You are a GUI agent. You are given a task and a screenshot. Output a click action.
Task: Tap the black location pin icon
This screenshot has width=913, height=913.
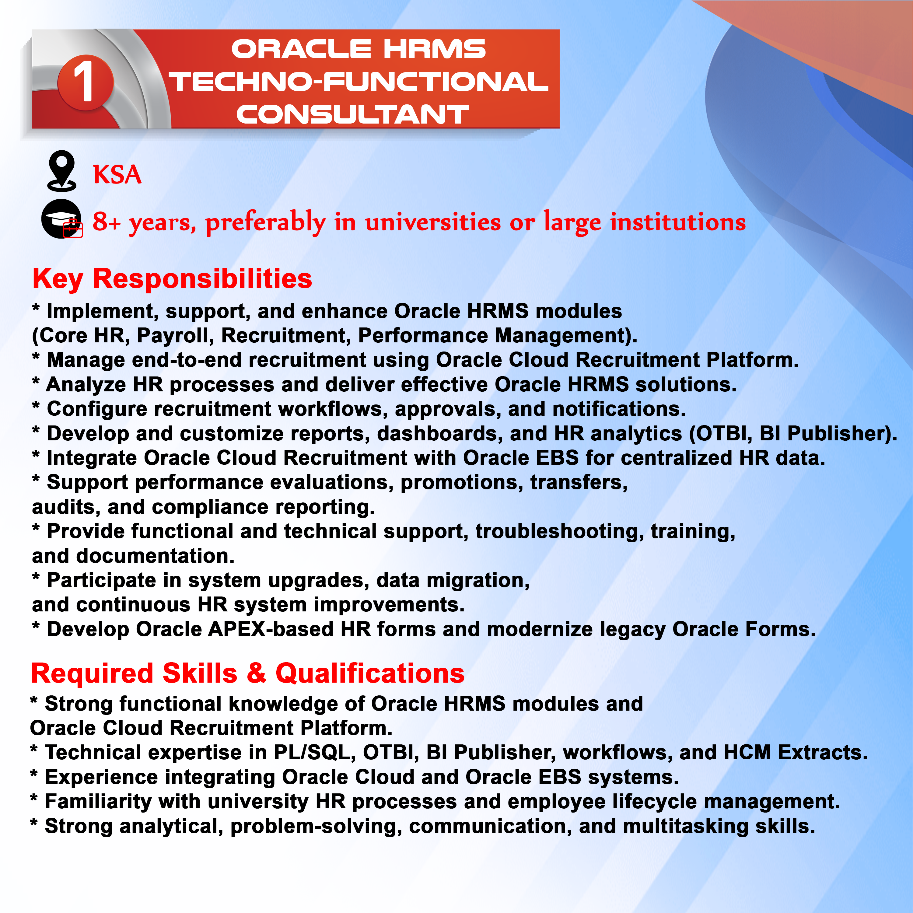tap(61, 171)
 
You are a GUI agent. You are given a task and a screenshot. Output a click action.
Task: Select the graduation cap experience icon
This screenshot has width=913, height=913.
tap(62, 219)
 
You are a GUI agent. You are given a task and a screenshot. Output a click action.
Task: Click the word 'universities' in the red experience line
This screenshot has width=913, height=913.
tap(432, 222)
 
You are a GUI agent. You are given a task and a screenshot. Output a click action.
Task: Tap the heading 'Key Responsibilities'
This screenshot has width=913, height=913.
tap(172, 278)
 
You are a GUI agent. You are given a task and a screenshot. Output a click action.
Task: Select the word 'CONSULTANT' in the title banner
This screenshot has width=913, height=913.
tap(352, 114)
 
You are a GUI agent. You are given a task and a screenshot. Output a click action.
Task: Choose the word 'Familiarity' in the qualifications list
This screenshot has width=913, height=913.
tap(98, 802)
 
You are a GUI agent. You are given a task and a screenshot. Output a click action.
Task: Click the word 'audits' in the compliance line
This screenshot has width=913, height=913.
tap(66, 507)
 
